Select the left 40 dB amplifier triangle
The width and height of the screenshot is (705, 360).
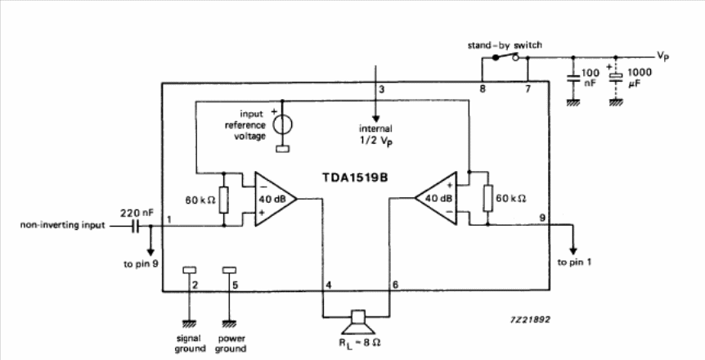[273, 197]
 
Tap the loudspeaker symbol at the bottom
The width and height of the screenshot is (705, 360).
[356, 320]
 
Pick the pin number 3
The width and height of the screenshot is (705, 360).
[380, 88]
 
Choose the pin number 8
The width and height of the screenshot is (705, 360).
[483, 88]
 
